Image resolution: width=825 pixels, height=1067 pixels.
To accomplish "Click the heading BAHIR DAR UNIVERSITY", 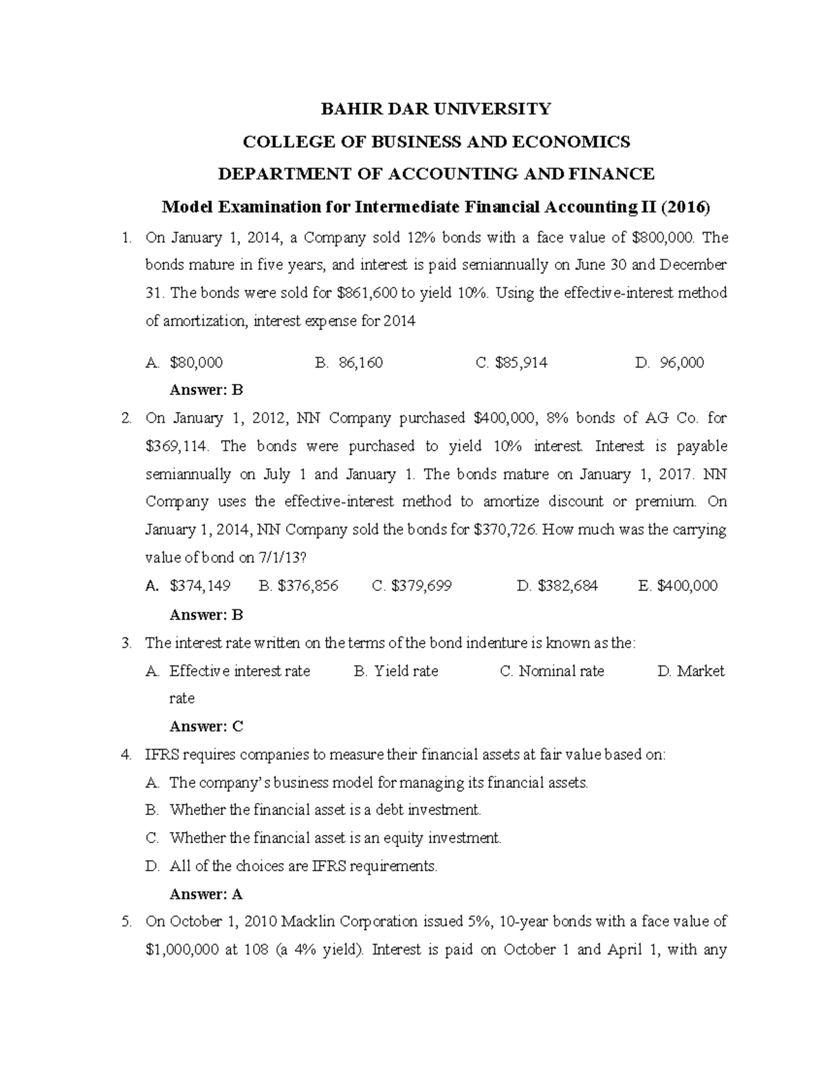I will click(x=437, y=109).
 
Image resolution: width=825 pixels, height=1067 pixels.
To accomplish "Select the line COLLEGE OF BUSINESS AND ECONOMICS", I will click(x=437, y=142).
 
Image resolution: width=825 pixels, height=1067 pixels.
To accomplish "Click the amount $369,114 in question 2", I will click(x=176, y=446).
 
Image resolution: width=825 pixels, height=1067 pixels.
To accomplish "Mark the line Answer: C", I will click(x=206, y=726).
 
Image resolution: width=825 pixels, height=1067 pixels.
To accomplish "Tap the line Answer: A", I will click(x=206, y=894).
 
